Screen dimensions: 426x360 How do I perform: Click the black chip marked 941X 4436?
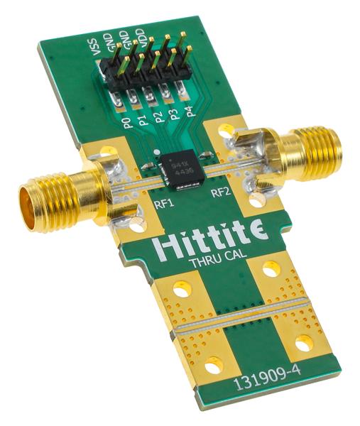(x=181, y=171)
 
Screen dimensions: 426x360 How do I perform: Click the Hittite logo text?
(x=201, y=244)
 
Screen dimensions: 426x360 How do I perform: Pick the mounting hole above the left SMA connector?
(x=107, y=151)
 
